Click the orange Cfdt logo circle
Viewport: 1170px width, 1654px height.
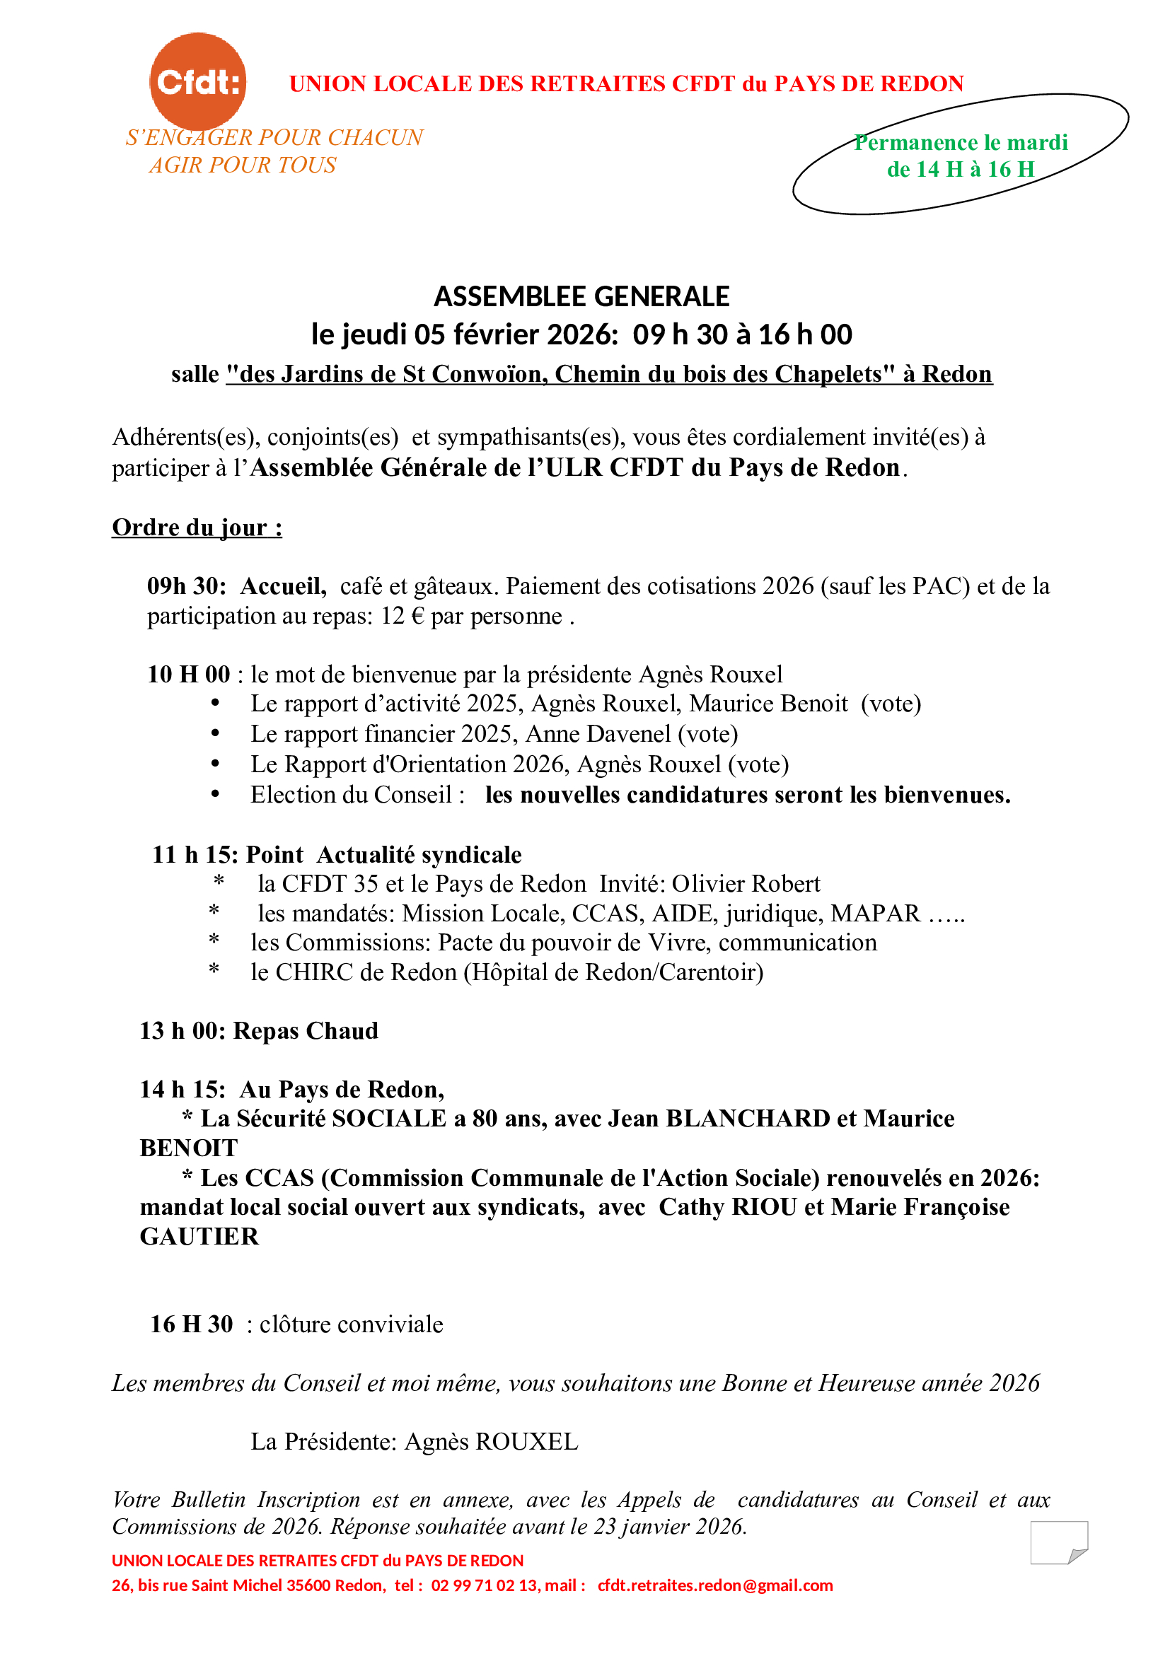click(197, 81)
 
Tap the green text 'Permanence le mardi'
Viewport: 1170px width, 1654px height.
click(961, 143)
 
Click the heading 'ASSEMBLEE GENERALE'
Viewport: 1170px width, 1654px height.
click(581, 297)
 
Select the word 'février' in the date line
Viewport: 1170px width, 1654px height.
click(497, 334)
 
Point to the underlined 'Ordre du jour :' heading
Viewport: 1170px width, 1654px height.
click(197, 528)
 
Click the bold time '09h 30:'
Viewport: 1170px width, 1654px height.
click(187, 586)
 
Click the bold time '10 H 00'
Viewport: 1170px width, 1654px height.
click(189, 675)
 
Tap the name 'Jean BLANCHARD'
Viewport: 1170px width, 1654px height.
click(719, 1118)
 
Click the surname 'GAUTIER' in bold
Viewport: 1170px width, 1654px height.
click(199, 1236)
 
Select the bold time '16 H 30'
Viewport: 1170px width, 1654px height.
click(192, 1324)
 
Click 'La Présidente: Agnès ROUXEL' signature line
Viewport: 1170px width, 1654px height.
click(415, 1441)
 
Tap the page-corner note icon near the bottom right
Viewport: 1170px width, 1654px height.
click(1058, 1542)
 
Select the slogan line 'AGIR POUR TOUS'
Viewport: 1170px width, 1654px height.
click(243, 165)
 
